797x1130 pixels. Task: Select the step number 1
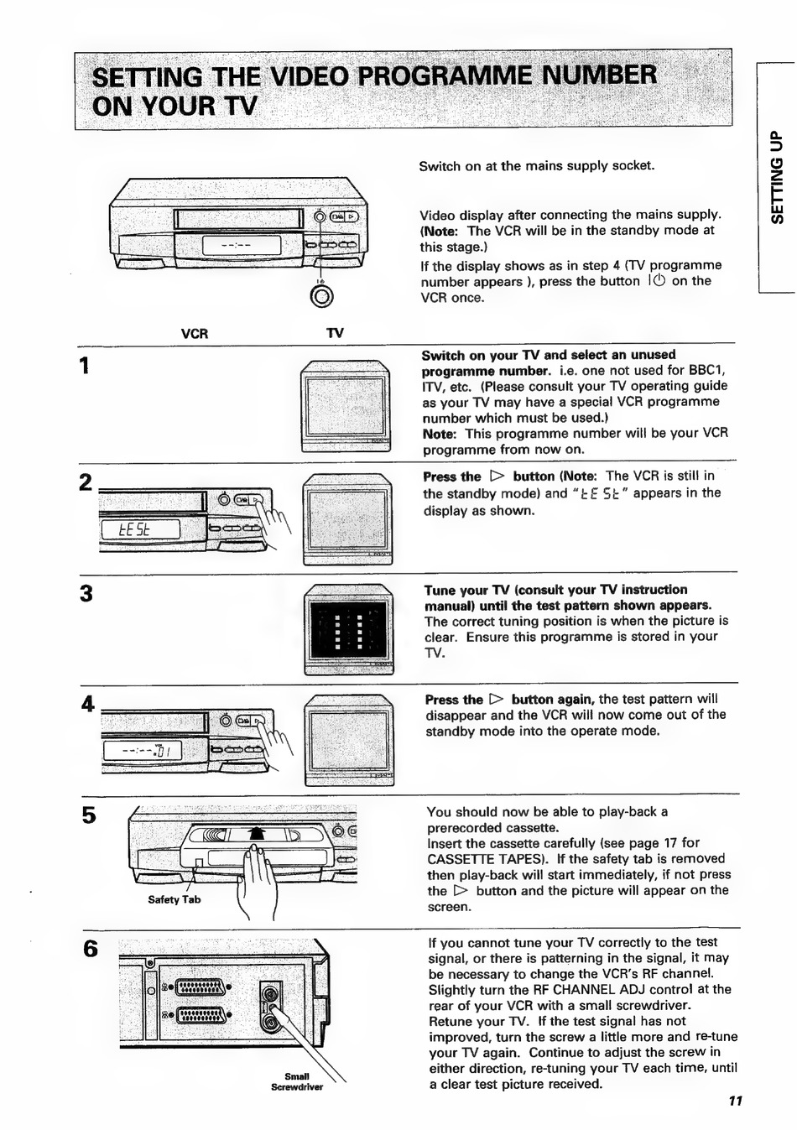click(84, 367)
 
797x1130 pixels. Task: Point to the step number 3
click(86, 594)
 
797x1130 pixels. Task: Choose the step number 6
click(91, 950)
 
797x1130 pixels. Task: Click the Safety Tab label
click(174, 900)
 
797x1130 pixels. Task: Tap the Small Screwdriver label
click(296, 1082)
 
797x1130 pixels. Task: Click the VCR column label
click(194, 334)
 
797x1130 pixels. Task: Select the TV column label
click(335, 334)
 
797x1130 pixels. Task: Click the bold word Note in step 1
click(438, 434)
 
